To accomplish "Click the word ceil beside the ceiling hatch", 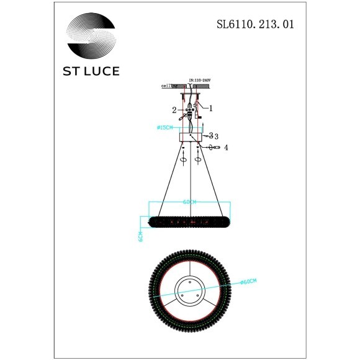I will tap(166, 87).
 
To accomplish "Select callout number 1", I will tap(211, 107).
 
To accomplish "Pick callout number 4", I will tap(227, 148).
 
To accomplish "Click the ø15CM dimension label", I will tap(166, 128).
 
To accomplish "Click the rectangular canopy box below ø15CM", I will tap(189, 137).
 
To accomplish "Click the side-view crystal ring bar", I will tap(189, 220).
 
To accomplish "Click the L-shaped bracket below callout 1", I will tap(199, 115).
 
